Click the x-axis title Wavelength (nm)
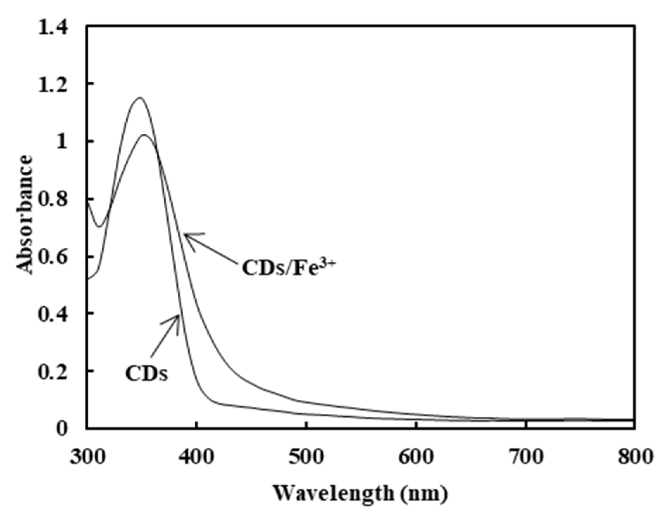[361, 493]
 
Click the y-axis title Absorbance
[25, 215]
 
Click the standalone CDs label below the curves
[146, 374]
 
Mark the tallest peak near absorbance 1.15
[140, 97]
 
